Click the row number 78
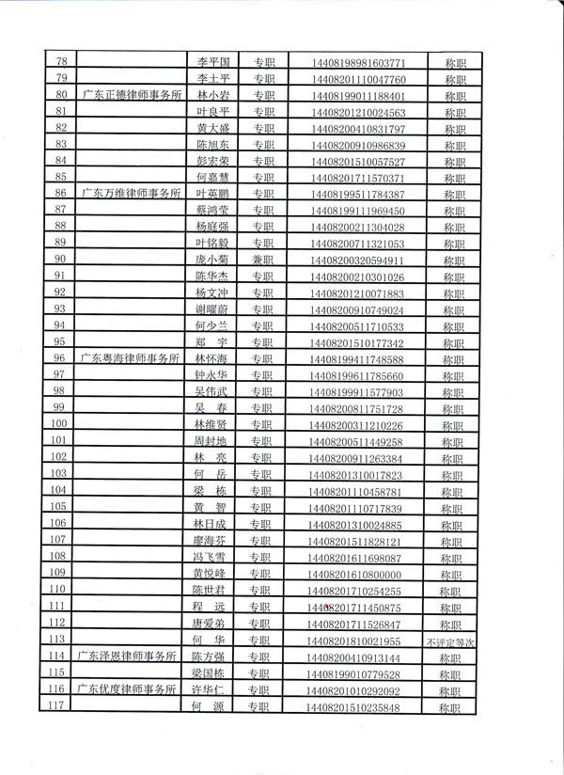tap(62, 62)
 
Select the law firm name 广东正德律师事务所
tap(132, 96)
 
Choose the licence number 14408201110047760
tap(362, 79)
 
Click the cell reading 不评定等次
tap(452, 641)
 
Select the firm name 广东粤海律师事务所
tap(132, 359)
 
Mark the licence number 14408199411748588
tap(362, 359)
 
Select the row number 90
tap(61, 261)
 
